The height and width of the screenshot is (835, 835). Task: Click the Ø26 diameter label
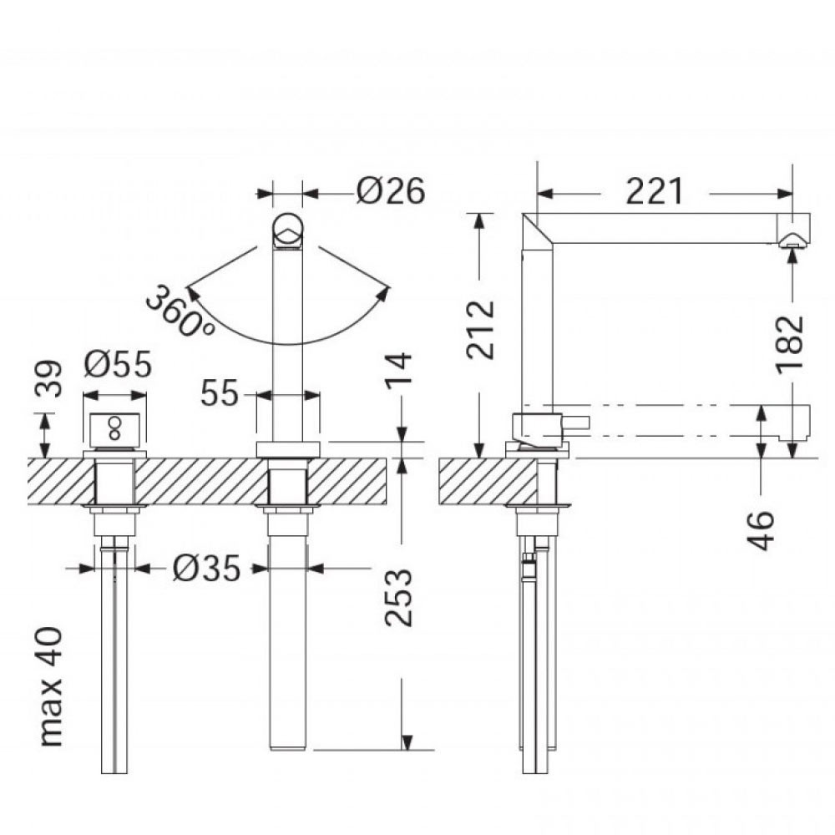coord(390,190)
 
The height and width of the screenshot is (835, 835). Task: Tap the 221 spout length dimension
coord(655,192)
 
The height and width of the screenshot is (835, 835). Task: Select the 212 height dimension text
coord(481,330)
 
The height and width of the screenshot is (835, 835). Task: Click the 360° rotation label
coord(180,311)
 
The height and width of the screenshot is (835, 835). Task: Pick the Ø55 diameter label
coord(118,364)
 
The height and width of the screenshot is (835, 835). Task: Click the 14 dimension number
coord(398,370)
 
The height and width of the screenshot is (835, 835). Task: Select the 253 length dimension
coord(398,597)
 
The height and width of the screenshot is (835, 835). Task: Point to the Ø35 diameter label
coord(206,568)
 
